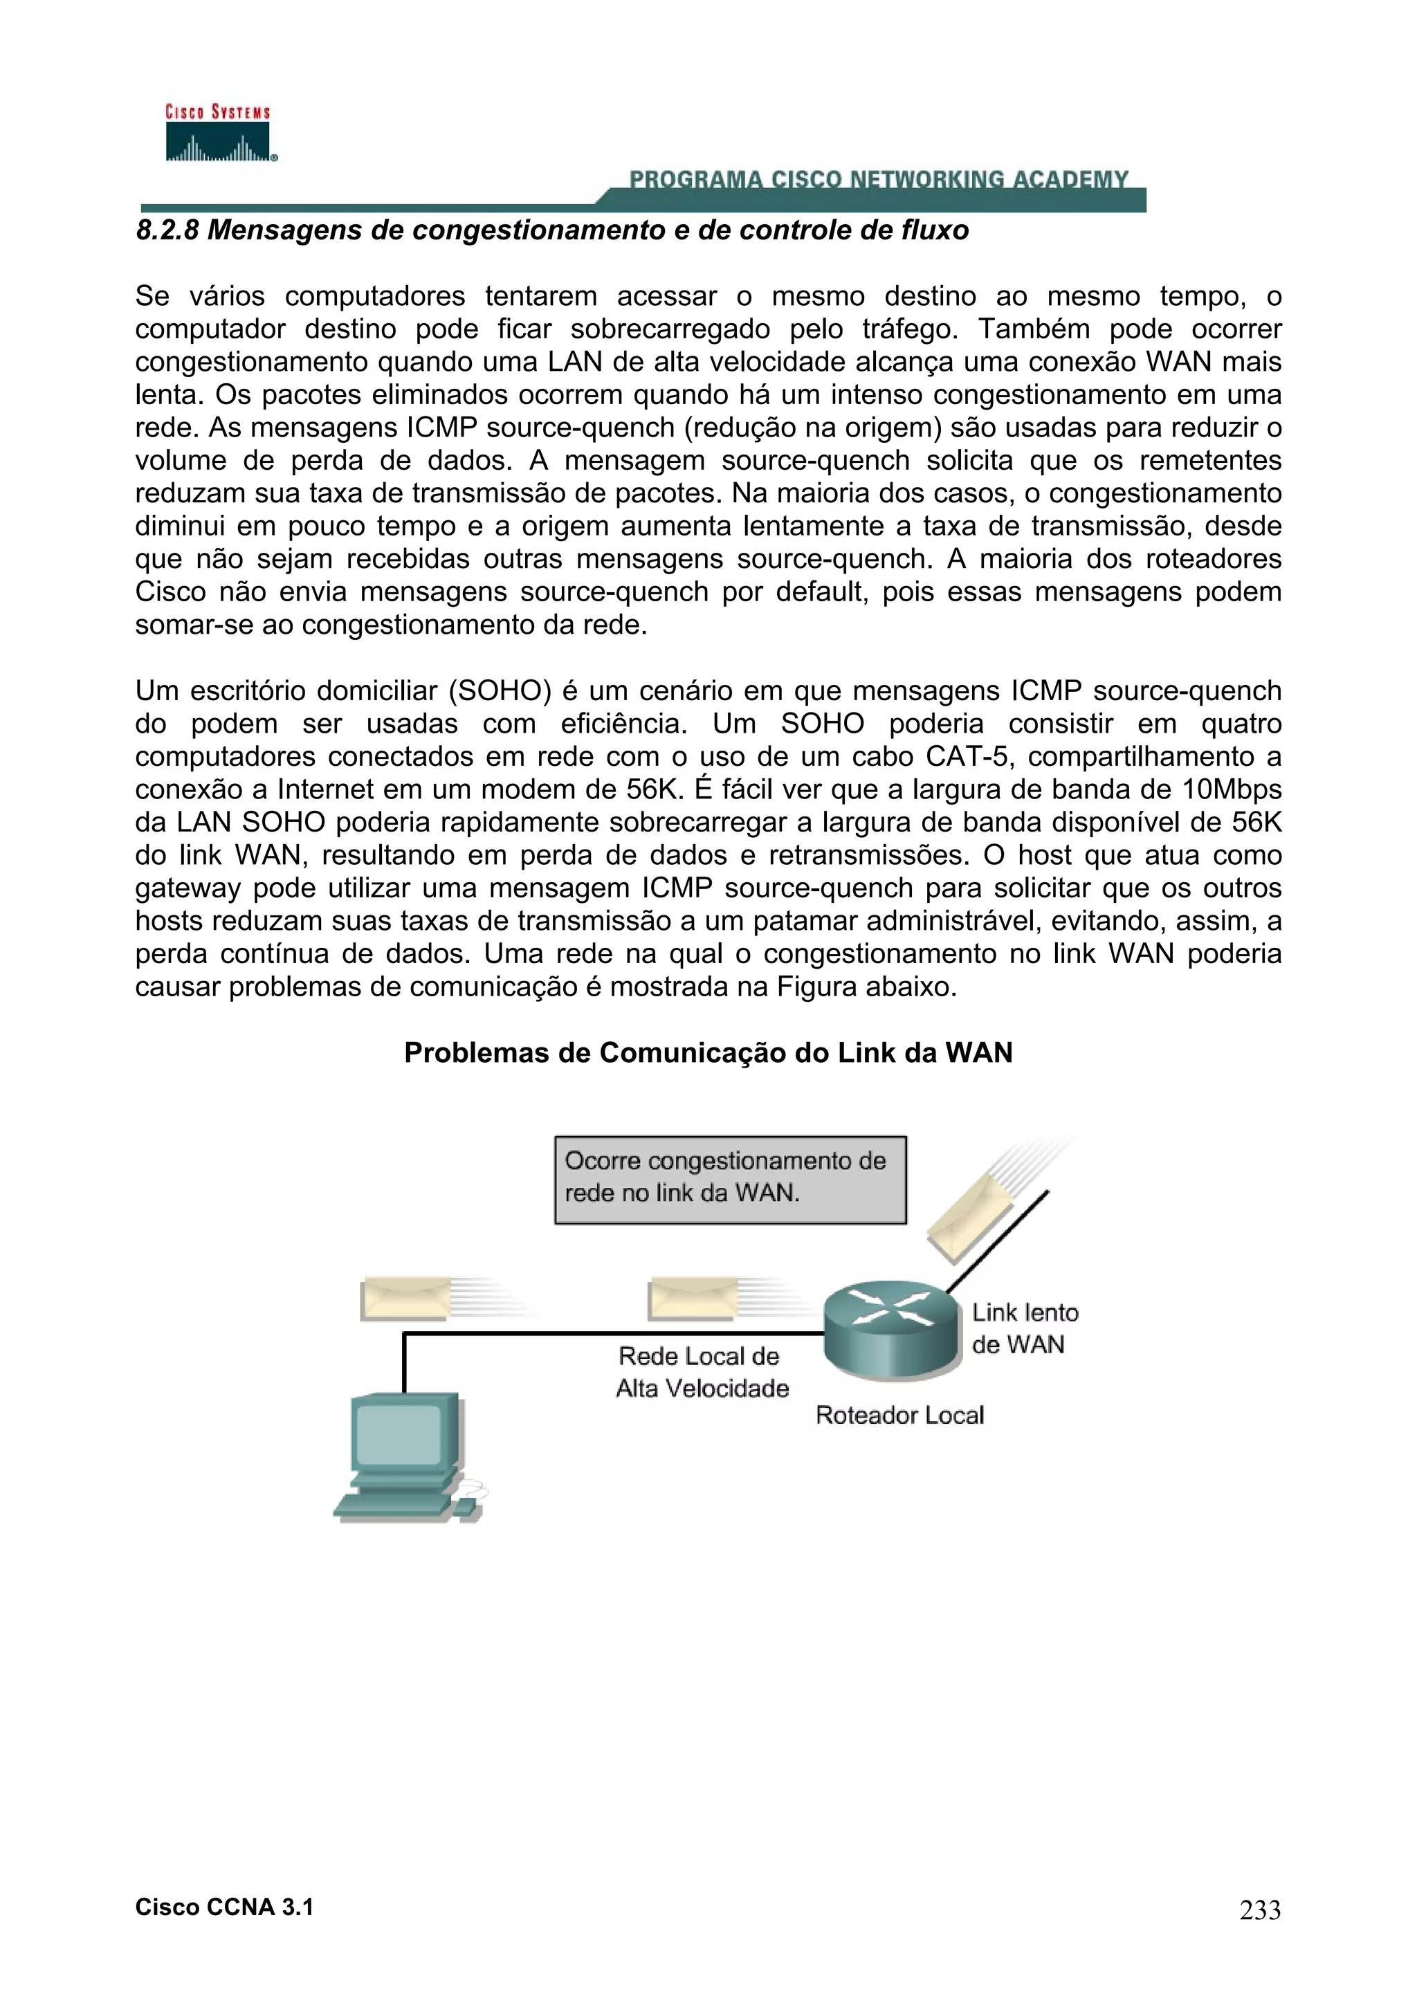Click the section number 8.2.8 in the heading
pyautogui.click(x=167, y=230)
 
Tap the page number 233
pyautogui.click(x=1260, y=1910)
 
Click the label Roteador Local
pyautogui.click(x=899, y=1416)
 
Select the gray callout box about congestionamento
pyautogui.click(x=730, y=1179)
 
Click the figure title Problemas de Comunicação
pyautogui.click(x=708, y=1053)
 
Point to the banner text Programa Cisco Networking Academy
pyautogui.click(x=878, y=180)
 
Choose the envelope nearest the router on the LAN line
pyautogui.click(x=693, y=1298)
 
